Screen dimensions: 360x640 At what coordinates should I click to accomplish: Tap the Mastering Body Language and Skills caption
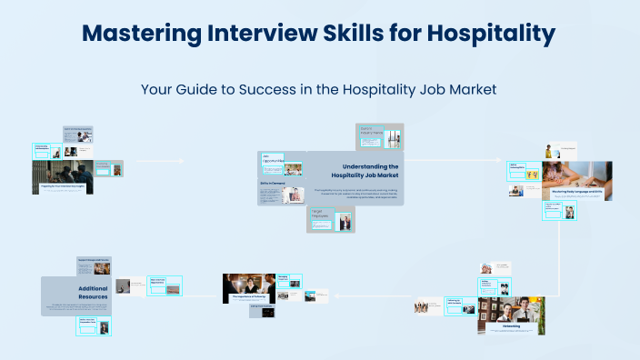point(576,193)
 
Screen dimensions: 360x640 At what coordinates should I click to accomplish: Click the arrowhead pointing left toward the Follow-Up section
point(336,296)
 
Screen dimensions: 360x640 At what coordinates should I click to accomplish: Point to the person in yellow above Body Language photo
point(550,150)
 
